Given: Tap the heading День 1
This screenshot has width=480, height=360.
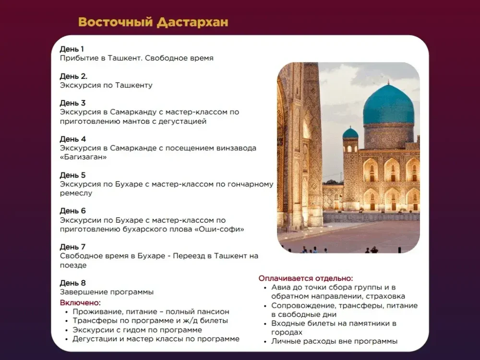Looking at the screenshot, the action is [72, 49].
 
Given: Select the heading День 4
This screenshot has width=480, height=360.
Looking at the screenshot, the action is [72, 139].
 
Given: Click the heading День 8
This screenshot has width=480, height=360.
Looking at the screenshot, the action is [72, 283].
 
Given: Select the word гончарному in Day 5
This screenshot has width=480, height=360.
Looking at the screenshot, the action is [249, 184].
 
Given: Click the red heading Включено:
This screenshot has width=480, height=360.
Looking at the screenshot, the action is [80, 302].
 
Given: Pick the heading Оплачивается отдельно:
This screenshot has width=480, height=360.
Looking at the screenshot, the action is [306, 278].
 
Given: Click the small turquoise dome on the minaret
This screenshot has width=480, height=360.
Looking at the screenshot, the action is [350, 133].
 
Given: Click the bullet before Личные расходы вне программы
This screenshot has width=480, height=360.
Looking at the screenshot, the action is [265, 342].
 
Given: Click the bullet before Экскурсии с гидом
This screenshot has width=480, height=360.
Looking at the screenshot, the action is [67, 330].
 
